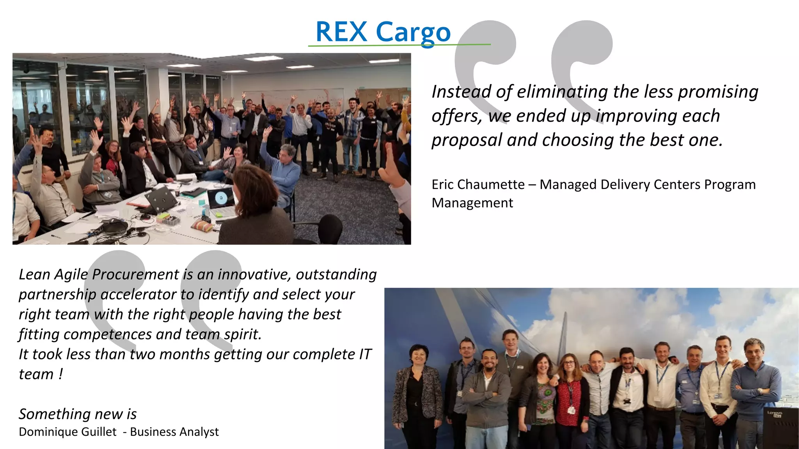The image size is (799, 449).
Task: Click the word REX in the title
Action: (x=341, y=32)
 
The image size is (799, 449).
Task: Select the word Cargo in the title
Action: (x=413, y=33)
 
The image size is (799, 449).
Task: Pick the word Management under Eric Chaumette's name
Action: (x=472, y=203)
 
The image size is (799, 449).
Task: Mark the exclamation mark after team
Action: (x=60, y=374)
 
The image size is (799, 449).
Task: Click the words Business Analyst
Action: (x=174, y=432)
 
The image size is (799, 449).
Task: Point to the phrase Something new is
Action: (x=78, y=414)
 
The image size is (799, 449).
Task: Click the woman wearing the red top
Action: (x=570, y=394)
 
